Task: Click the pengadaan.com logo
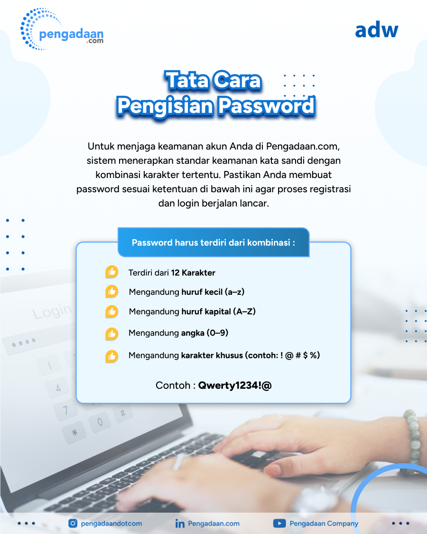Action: click(62, 29)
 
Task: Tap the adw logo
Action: click(376, 30)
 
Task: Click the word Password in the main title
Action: click(267, 105)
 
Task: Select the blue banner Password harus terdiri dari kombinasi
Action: click(213, 242)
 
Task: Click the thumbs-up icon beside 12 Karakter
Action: click(111, 272)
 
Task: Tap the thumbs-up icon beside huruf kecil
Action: click(111, 291)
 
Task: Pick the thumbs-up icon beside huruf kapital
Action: click(111, 311)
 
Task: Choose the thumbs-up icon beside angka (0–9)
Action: click(111, 334)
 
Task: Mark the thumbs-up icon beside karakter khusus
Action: click(111, 356)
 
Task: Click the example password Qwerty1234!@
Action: click(235, 385)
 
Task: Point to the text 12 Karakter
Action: click(193, 273)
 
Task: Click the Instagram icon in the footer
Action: click(73, 523)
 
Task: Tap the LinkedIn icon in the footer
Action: click(180, 524)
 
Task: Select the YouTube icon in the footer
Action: click(279, 523)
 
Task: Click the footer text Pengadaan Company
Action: click(324, 524)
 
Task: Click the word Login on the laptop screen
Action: click(52, 311)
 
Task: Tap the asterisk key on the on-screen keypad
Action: click(74, 433)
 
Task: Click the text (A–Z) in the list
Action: click(244, 311)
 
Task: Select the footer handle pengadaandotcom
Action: click(111, 524)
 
